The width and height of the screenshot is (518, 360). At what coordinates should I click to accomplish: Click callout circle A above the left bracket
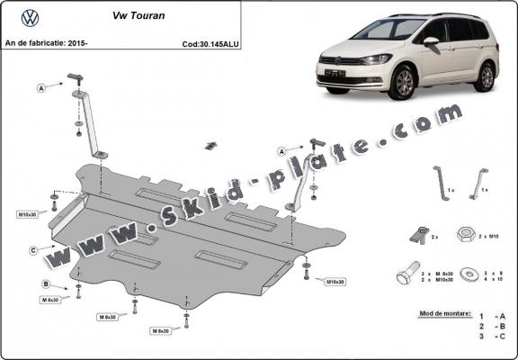40,87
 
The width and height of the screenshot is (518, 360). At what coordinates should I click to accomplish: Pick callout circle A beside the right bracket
282,150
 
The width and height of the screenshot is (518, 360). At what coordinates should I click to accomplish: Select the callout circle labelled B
44,284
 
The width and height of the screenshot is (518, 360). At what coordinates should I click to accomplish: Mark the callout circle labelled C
32,249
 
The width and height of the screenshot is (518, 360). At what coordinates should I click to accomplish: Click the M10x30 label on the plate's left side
27,214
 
